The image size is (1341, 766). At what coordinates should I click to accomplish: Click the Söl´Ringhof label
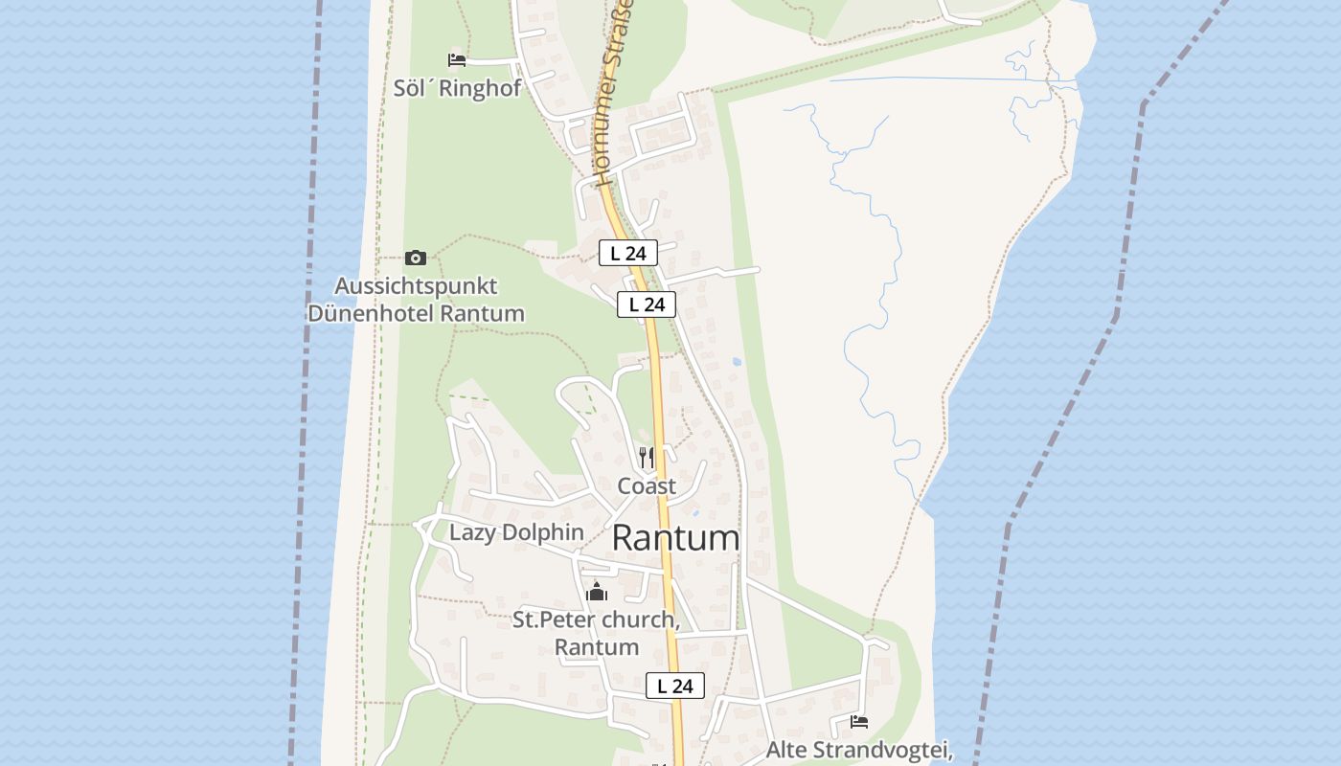tap(457, 88)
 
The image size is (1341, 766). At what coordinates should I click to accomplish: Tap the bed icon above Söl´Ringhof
tap(457, 60)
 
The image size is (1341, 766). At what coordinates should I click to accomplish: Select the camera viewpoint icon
tap(415, 258)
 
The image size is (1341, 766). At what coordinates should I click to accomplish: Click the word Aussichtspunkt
tap(416, 285)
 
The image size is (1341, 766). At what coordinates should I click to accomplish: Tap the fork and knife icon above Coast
tap(647, 458)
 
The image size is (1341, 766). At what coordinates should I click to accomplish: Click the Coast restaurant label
tap(647, 485)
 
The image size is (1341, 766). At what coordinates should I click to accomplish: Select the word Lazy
tap(472, 532)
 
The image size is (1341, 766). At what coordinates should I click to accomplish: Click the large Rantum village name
tap(675, 538)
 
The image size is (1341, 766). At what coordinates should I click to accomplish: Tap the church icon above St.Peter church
tap(597, 592)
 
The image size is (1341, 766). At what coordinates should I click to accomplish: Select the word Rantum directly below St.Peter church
tap(597, 647)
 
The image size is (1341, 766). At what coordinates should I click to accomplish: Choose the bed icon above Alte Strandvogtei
tap(859, 721)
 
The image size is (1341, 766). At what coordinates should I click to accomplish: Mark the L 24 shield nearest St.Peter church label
tap(675, 686)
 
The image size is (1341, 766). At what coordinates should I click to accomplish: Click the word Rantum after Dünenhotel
tap(485, 313)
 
